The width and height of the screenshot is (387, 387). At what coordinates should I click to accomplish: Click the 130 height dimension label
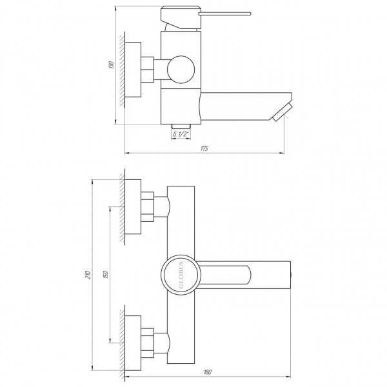pos(111,66)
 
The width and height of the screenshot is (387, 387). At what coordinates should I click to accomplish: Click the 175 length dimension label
pos(204,149)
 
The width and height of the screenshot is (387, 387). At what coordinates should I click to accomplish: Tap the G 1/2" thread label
pos(181,134)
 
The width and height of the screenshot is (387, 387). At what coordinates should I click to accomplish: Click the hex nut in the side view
pos(149,70)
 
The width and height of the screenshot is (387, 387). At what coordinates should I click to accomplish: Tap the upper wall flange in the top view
pos(132,208)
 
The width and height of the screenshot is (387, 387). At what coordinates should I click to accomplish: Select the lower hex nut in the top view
pos(149,341)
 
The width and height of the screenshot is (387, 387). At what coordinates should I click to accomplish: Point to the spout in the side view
pos(239,105)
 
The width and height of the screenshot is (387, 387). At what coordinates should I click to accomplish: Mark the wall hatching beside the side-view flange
pos(120,70)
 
